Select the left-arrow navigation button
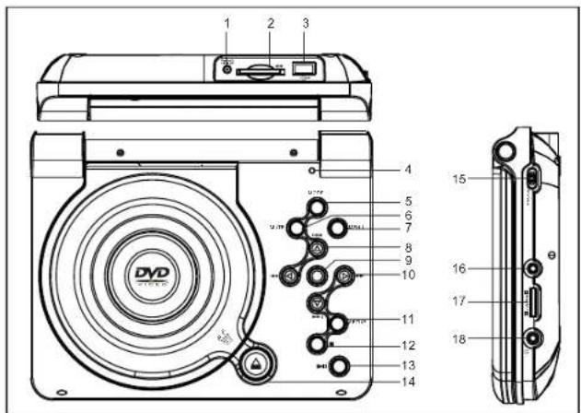pyautogui.click(x=290, y=274)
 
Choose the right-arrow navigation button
pyautogui.click(x=341, y=274)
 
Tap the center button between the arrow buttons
pyautogui.click(x=316, y=274)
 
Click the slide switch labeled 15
pyautogui.click(x=533, y=178)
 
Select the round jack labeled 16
pyautogui.click(x=533, y=268)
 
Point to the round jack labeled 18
pyautogui.click(x=533, y=338)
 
